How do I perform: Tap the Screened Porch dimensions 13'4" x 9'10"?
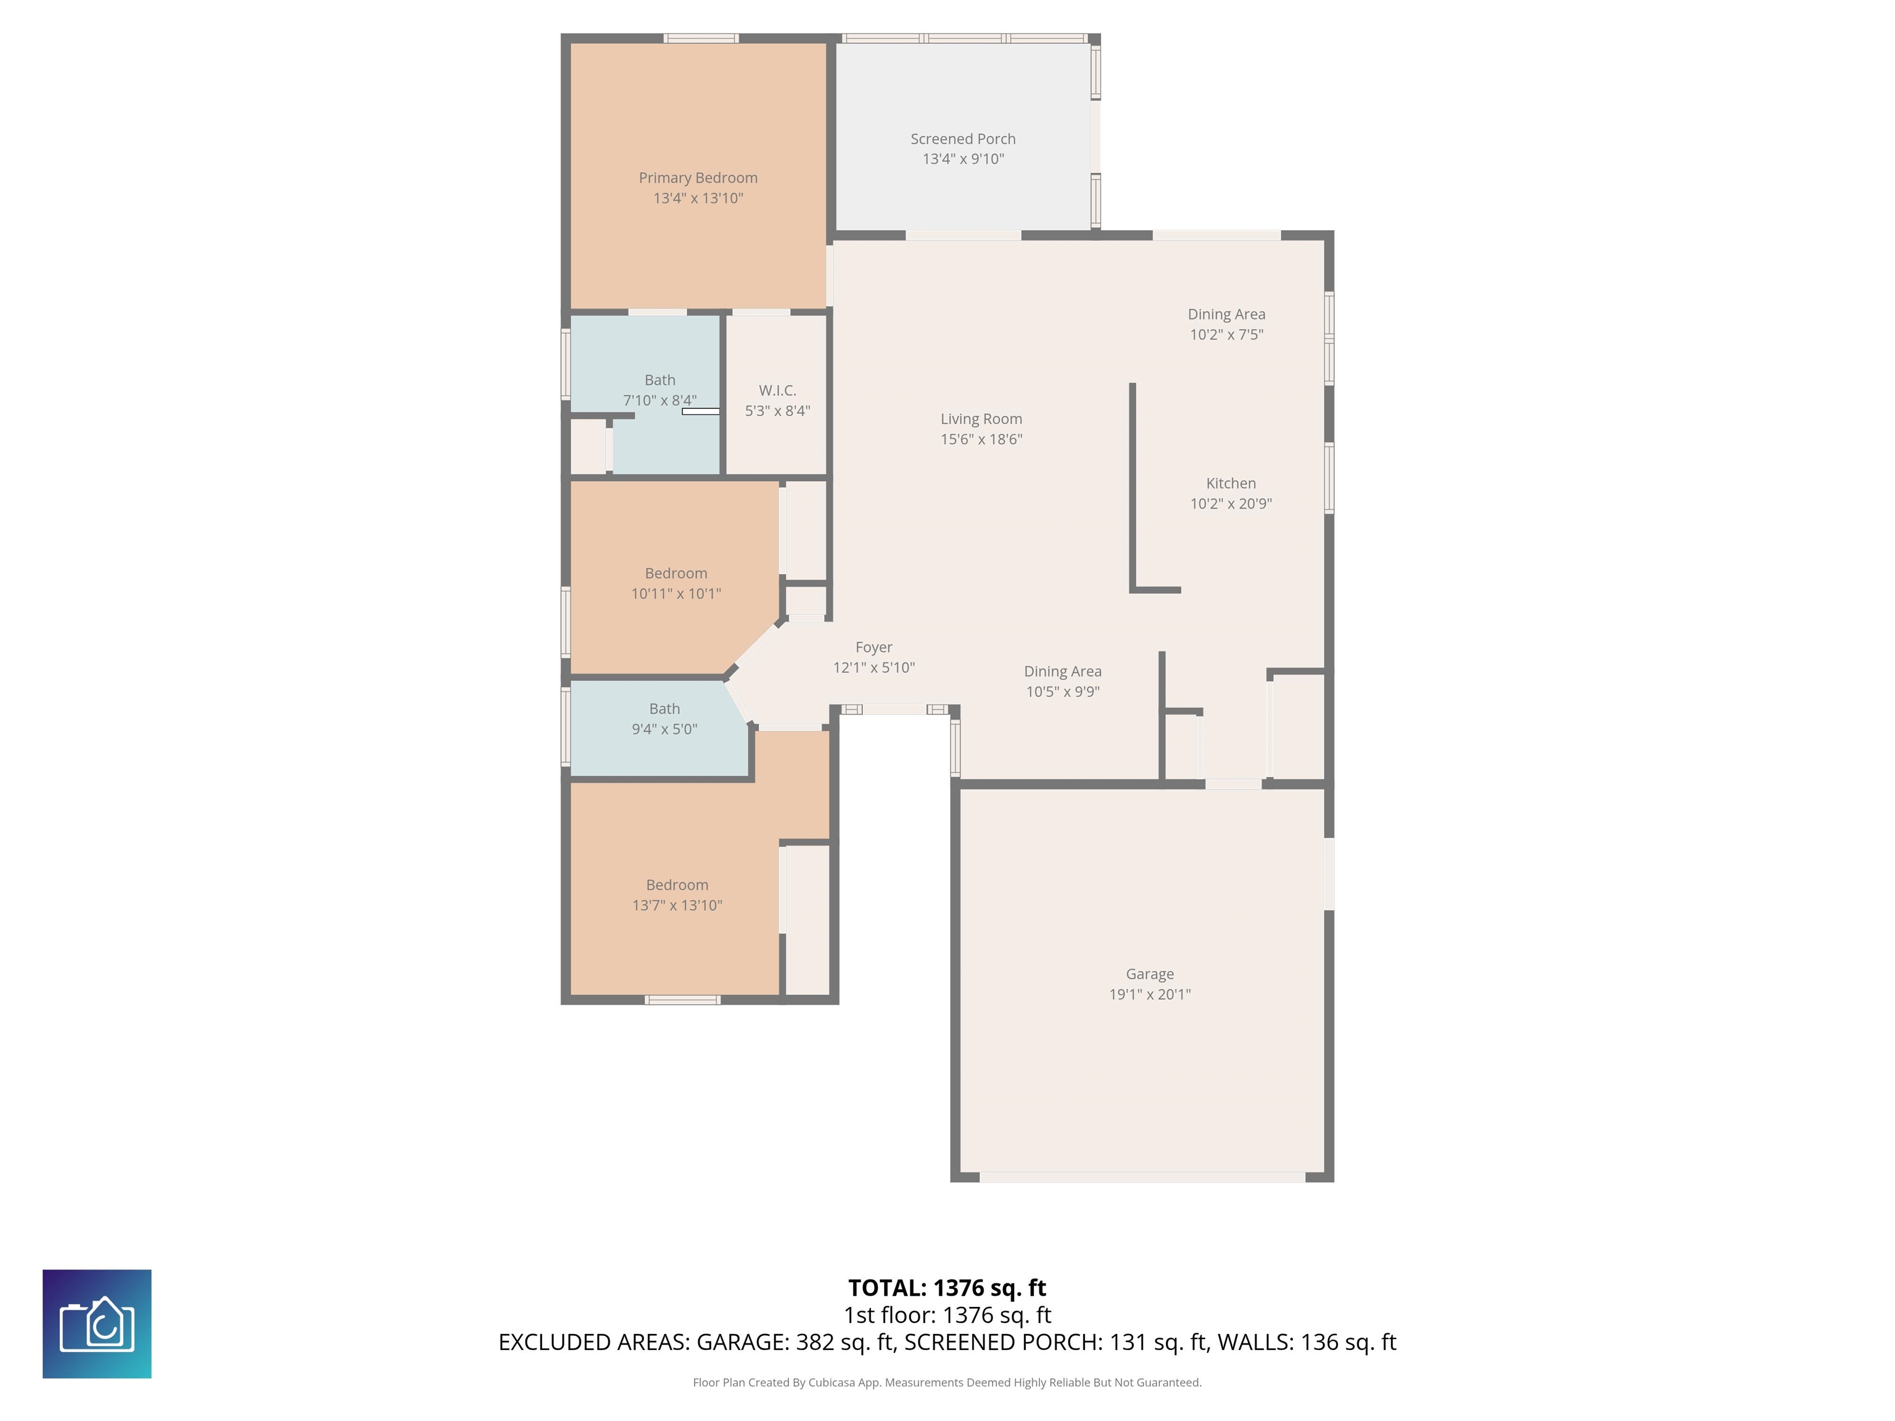pos(963,159)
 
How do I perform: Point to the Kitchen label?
pos(1231,483)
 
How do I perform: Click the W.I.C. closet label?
pos(778,390)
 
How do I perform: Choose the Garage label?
pos(1150,974)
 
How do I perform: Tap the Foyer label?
pos(874,648)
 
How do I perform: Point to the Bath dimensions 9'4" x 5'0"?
pos(665,730)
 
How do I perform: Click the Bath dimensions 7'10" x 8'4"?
pos(659,401)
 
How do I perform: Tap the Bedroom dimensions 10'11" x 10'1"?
pos(676,593)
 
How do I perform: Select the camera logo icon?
pos(97,1324)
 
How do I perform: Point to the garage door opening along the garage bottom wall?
pos(1143,1178)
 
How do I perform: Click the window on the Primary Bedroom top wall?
pos(701,38)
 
